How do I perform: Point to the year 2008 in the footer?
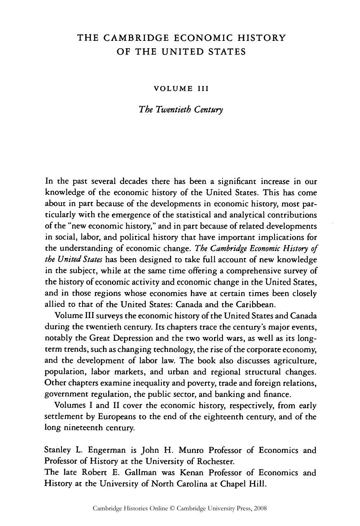pyautogui.click(x=261, y=508)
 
